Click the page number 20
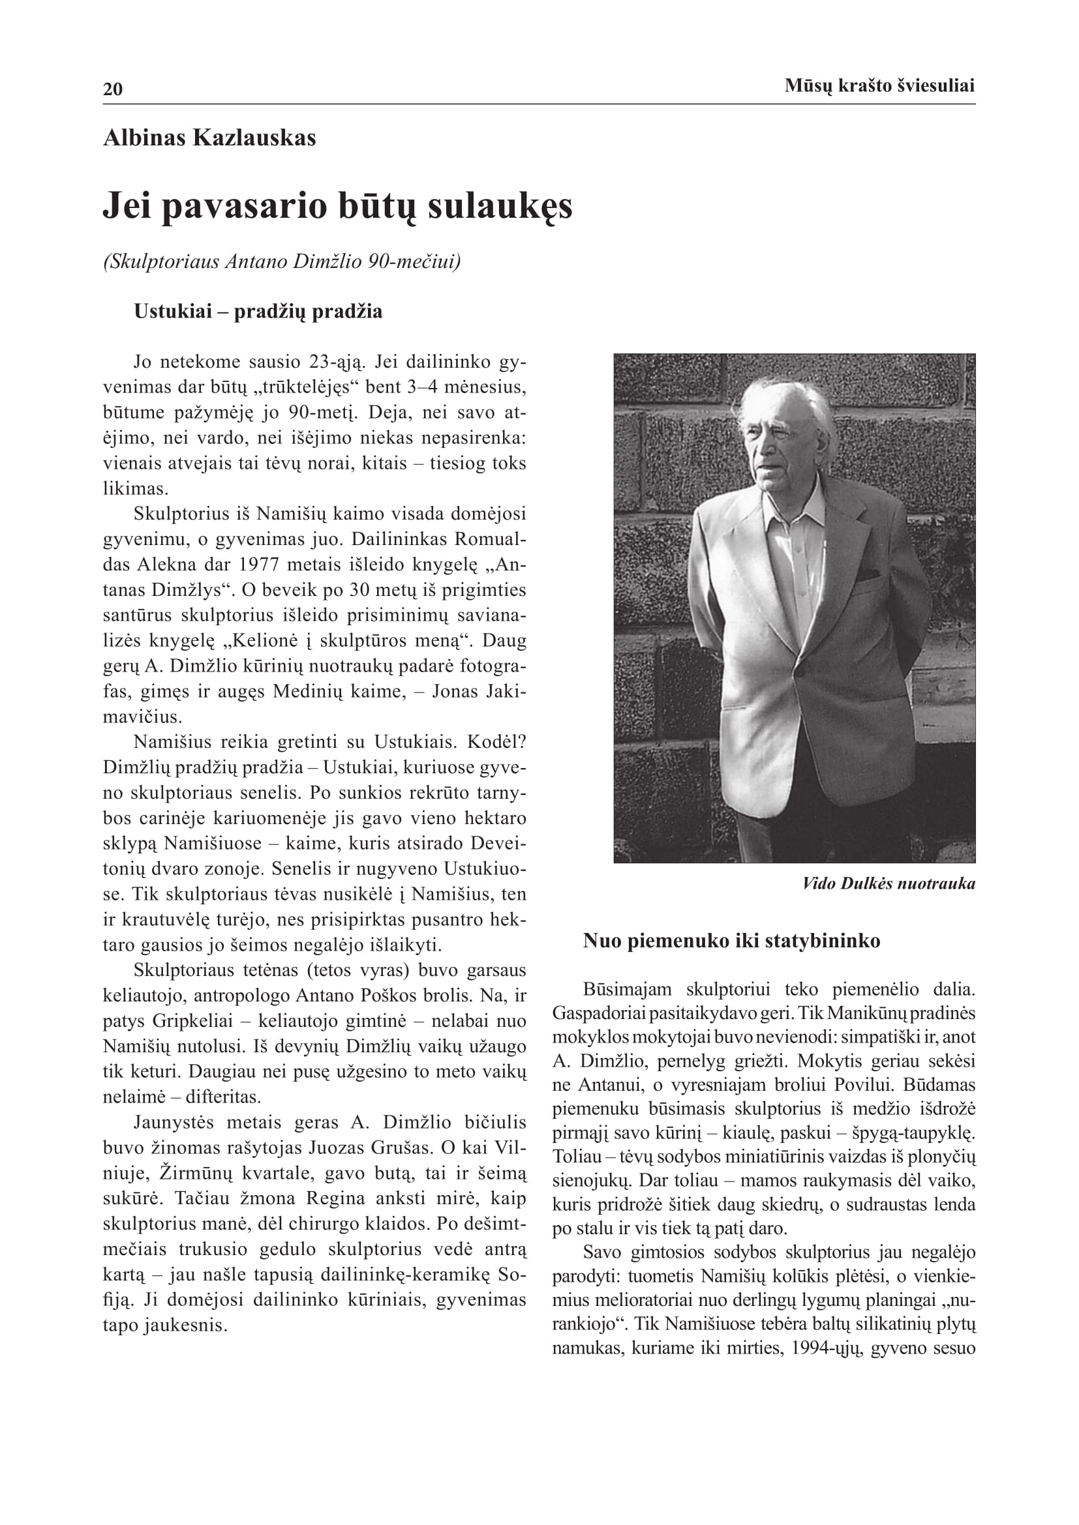point(113,89)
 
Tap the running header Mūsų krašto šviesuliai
point(879,85)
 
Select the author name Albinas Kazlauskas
point(209,138)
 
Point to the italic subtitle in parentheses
point(282,261)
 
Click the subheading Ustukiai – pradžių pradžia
point(258,312)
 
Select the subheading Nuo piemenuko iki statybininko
point(731,941)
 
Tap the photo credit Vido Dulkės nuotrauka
point(889,883)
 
